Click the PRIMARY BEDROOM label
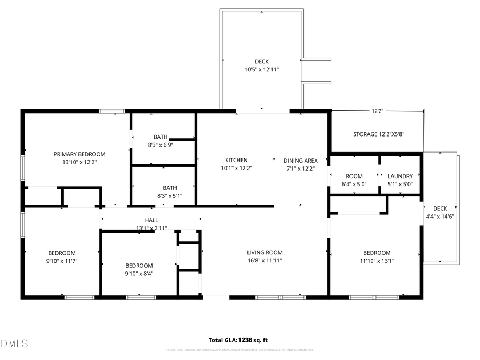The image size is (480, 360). click(x=79, y=154)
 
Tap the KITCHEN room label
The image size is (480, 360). click(x=236, y=160)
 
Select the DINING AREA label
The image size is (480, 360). click(x=301, y=160)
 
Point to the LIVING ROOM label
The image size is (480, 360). click(x=265, y=253)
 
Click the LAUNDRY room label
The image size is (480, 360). click(x=400, y=176)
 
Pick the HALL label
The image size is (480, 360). click(x=151, y=220)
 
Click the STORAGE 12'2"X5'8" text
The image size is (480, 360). click(x=379, y=134)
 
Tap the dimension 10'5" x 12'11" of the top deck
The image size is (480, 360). click(x=261, y=69)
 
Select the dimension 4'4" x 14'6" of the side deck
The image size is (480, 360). click(x=440, y=217)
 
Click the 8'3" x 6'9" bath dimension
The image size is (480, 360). click(x=161, y=145)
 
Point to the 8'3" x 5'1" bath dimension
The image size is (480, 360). click(x=170, y=196)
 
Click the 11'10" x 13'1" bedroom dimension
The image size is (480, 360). click(x=377, y=261)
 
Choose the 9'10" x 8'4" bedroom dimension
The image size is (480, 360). click(x=139, y=274)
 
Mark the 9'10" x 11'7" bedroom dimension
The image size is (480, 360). click(x=62, y=261)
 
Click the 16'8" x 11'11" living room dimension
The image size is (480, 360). click(x=265, y=261)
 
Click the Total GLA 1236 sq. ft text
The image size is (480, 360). click(x=238, y=340)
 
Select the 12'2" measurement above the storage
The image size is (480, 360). click(x=378, y=111)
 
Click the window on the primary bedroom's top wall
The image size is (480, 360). click(x=112, y=111)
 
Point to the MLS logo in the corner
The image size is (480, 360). click(x=14, y=343)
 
